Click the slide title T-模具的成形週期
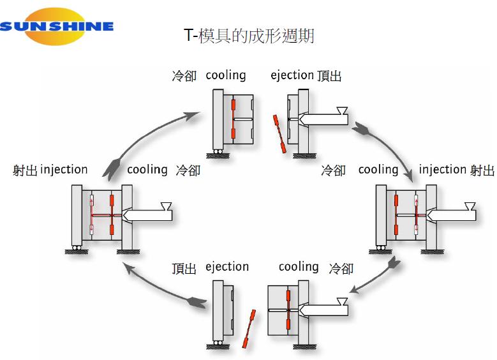249,36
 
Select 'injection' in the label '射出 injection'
64,170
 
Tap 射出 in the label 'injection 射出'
482,170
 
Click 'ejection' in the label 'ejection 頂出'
292,75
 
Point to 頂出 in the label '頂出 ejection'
184,269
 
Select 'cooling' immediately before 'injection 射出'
378,170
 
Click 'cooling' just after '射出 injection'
147,170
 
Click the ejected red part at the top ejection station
279,134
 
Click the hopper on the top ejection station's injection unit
342,110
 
